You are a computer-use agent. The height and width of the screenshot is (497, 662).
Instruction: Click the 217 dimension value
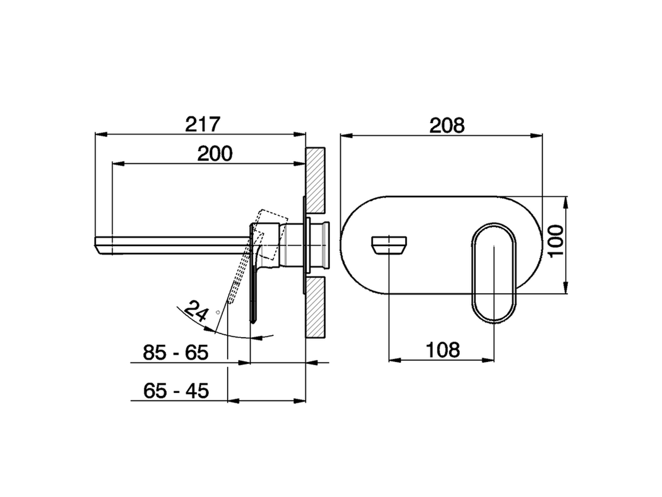203,125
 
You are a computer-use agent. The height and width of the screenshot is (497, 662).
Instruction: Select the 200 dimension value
215,154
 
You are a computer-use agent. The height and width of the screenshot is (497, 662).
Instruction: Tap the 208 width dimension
447,125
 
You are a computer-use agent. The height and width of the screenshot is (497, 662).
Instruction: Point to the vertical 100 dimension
555,241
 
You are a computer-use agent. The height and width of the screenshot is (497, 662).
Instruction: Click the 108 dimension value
443,350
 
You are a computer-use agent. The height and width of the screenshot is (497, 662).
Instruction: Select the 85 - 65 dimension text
175,353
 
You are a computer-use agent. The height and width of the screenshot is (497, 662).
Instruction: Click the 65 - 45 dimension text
176,390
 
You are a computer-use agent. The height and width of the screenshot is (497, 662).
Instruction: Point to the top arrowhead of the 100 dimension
566,200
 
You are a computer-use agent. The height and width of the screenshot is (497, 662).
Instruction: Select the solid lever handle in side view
253,295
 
